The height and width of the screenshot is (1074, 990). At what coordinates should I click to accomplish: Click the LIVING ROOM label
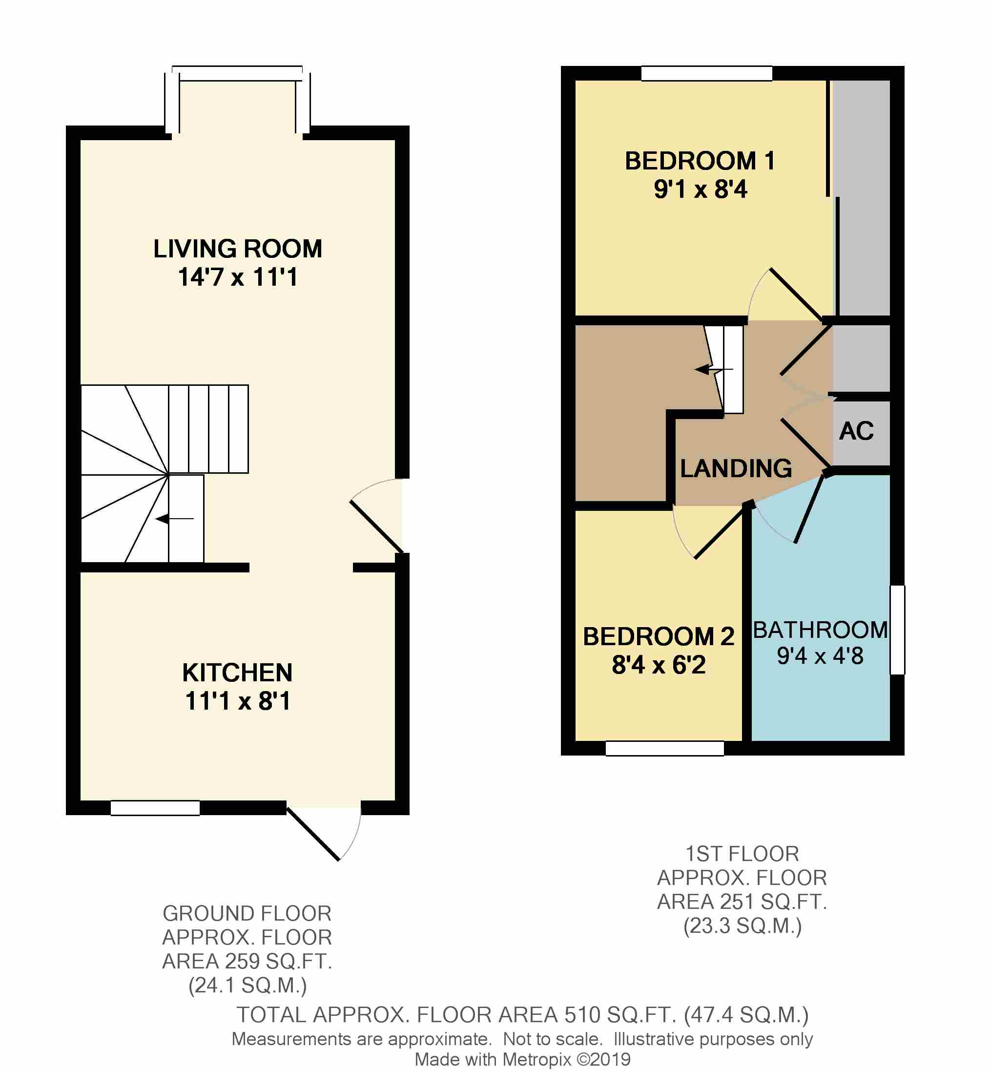(x=237, y=249)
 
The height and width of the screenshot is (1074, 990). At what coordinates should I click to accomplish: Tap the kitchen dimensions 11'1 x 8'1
(x=237, y=701)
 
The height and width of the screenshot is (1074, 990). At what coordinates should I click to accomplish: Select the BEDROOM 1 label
(x=700, y=161)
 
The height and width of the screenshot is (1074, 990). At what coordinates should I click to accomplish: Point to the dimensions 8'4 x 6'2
(x=659, y=665)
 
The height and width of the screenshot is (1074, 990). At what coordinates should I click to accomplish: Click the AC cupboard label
(x=856, y=431)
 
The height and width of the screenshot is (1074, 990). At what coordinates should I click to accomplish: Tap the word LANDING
(x=736, y=468)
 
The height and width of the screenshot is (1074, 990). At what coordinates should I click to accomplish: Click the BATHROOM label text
(x=820, y=630)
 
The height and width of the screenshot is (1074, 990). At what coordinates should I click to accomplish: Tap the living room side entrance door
(x=376, y=526)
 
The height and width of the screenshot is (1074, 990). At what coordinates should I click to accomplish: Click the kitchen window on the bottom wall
(x=155, y=808)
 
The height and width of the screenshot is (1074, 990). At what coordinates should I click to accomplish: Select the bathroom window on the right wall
(x=897, y=630)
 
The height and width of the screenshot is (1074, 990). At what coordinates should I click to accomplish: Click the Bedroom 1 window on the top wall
(x=706, y=73)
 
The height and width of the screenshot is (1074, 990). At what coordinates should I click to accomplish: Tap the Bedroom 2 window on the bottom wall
(x=664, y=748)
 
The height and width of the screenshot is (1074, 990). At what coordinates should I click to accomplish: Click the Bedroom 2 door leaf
(x=721, y=533)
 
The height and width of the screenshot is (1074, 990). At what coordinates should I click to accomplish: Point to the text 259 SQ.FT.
(x=278, y=962)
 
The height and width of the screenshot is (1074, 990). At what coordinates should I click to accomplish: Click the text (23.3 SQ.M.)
(x=742, y=926)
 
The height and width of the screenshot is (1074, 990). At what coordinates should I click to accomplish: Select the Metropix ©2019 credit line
(x=522, y=1059)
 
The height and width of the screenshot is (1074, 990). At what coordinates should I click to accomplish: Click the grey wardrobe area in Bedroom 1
(x=863, y=198)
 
